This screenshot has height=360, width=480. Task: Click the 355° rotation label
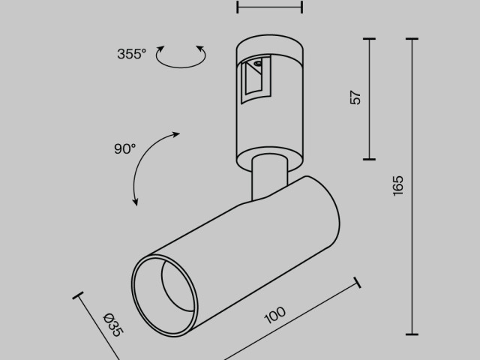pos(131,54)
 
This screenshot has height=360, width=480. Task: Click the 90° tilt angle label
pos(124,148)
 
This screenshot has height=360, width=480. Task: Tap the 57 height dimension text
pos(355,97)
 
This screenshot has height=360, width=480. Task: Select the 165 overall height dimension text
pos(397,185)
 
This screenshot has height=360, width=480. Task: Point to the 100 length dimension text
pos(276,314)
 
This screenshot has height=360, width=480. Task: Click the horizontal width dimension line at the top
pos(269,7)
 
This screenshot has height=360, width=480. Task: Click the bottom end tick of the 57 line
pos(369,159)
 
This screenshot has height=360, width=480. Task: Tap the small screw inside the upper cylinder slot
pos(258,65)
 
